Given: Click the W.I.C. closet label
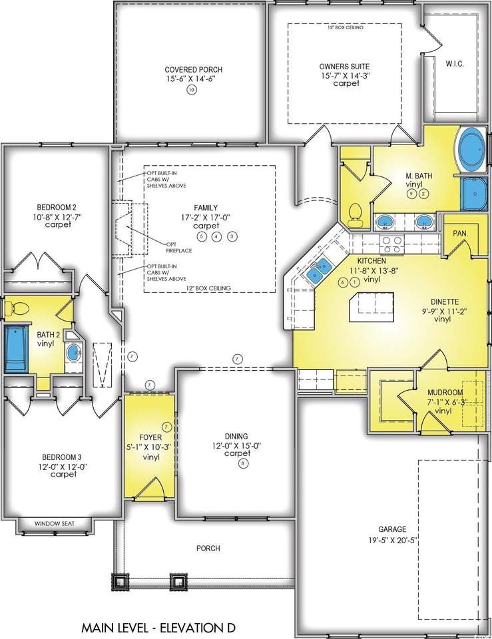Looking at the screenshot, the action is [455, 64].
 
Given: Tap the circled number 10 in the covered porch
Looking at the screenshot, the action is [192, 90].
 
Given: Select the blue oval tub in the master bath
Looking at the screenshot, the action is [473, 149].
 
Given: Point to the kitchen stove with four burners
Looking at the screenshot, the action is [391, 244].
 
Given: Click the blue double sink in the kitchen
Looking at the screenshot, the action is [319, 271].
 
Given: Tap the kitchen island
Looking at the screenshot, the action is [371, 307].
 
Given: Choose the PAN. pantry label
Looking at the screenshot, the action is [460, 234].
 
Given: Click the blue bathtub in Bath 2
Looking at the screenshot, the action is [15, 347].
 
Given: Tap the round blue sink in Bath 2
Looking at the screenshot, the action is [74, 352].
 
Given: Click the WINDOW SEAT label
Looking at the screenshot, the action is [55, 523].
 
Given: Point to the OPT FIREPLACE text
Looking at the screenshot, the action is [179, 248].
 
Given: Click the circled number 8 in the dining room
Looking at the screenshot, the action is [244, 463].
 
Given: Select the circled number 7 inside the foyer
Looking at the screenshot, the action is [166, 427].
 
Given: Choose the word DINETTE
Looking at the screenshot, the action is [445, 302].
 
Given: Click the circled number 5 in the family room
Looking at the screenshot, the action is [200, 236].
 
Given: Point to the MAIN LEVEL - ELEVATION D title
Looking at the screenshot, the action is [159, 627].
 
